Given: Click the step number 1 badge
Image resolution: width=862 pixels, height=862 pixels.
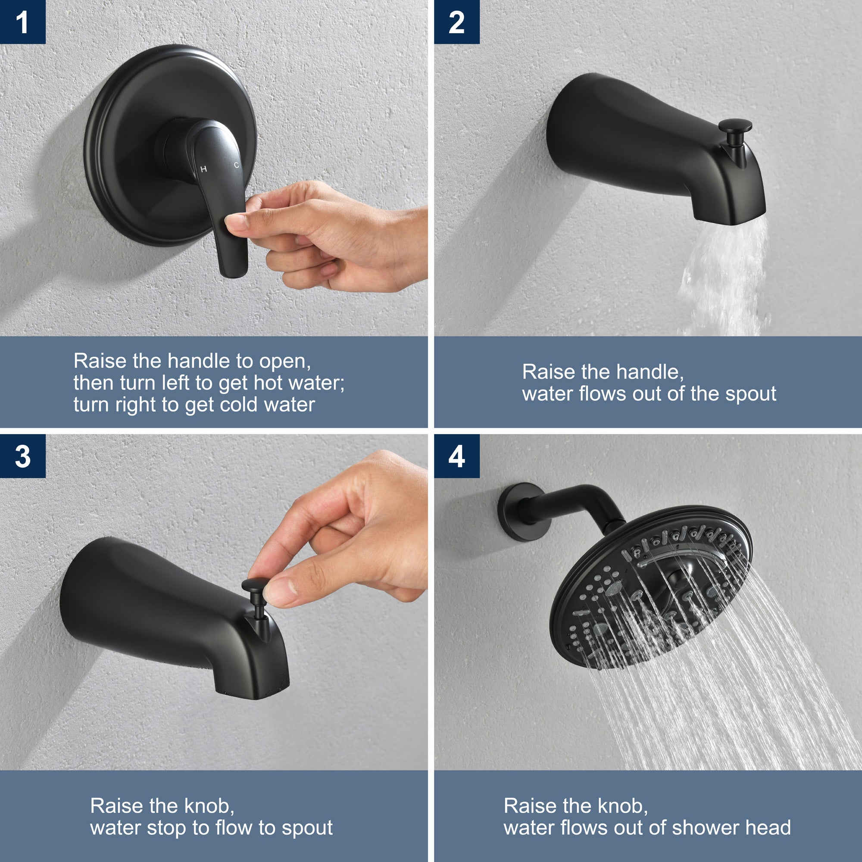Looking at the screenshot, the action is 22,22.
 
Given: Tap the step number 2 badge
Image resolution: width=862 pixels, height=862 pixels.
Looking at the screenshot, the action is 456,22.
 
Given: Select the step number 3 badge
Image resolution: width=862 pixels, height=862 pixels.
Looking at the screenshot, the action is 22,456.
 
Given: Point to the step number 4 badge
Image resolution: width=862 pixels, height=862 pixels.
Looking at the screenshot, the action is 456,456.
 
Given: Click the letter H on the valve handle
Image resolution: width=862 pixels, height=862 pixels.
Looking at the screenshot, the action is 203,169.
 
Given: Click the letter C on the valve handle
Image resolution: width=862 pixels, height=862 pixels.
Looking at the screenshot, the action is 237,165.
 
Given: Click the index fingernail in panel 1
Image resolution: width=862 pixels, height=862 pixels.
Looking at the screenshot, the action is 236,221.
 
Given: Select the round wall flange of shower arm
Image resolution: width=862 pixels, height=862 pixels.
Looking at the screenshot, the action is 520,512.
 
